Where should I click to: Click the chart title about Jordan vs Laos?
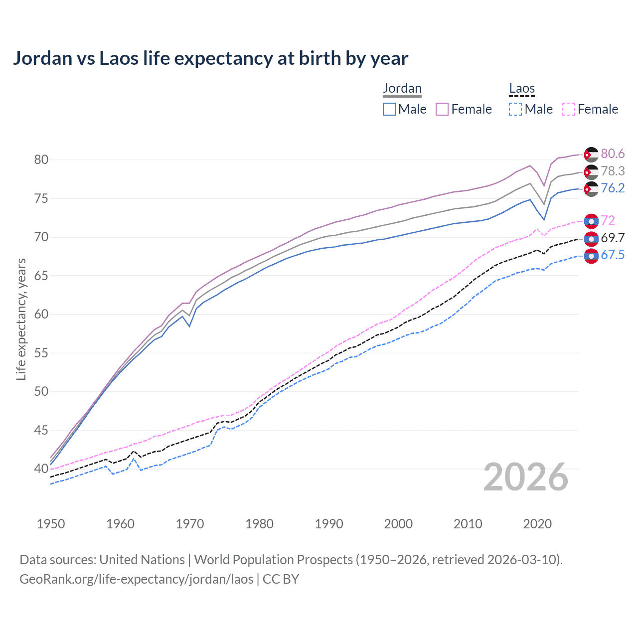coord(210,58)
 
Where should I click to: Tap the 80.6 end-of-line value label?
coord(613,154)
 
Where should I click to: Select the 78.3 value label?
coord(613,171)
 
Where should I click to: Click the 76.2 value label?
coord(613,188)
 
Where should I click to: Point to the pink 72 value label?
coord(608,220)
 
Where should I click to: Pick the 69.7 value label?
coord(613,238)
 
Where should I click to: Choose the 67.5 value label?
coord(613,255)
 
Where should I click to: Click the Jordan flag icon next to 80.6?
coord(591,155)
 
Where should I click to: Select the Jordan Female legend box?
coord(443,109)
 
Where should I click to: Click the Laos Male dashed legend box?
coord(515,109)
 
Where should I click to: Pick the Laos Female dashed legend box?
coord(569,109)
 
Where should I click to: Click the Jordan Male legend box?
coord(389,109)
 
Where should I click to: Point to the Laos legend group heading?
coord(522,89)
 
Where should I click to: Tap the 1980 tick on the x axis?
coord(260,524)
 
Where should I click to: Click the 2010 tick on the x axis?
coord(468,524)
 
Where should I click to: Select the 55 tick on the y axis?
coord(41,353)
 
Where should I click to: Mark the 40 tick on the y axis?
coord(41,469)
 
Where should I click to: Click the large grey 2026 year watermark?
coord(526,477)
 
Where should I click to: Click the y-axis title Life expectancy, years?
coord(21,319)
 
